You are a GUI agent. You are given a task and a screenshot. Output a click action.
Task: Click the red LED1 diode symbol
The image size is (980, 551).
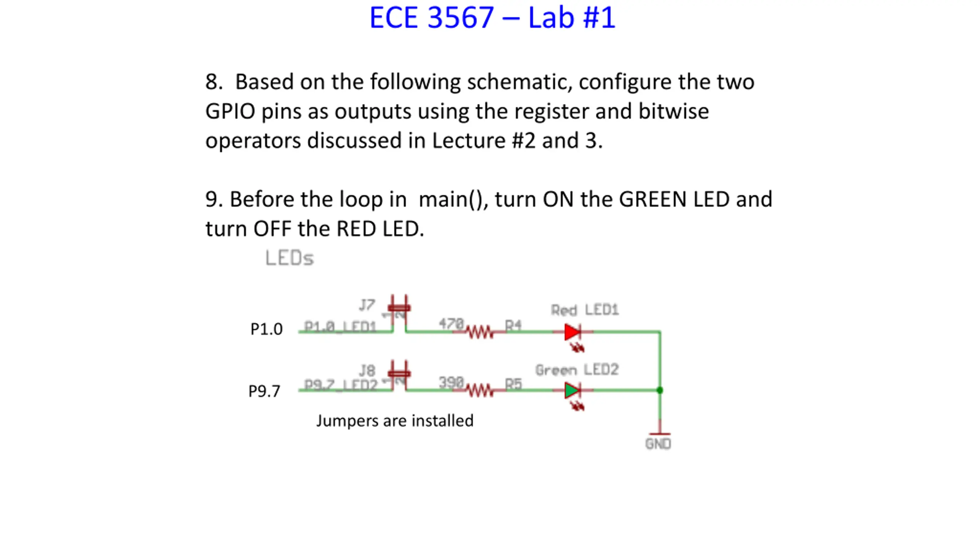pyautogui.click(x=572, y=332)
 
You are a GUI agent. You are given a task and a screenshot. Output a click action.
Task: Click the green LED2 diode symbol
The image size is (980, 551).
pyautogui.click(x=572, y=391)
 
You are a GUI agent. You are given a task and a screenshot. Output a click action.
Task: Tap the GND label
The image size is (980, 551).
pyautogui.click(x=658, y=444)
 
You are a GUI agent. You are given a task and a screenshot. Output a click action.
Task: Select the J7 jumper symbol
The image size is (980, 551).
pyautogui.click(x=399, y=308)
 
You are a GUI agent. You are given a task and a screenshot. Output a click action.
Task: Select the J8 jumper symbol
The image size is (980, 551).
pyautogui.click(x=399, y=374)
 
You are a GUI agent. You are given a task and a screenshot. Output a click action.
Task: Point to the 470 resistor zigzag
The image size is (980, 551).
pyautogui.click(x=479, y=332)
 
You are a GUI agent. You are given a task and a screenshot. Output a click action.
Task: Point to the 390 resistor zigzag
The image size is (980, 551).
pyautogui.click(x=479, y=391)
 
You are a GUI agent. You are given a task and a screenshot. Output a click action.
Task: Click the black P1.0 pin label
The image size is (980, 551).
pyautogui.click(x=266, y=329)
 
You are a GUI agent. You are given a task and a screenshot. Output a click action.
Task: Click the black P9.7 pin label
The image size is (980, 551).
pyautogui.click(x=265, y=391)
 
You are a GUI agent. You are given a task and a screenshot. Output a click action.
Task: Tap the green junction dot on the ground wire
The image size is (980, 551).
pyautogui.click(x=660, y=390)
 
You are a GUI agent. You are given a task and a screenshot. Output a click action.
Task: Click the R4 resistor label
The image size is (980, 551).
pyautogui.click(x=513, y=326)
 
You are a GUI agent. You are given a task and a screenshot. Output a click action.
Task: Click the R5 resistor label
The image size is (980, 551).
pyautogui.click(x=513, y=384)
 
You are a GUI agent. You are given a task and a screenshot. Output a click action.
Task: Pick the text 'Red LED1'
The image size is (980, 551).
pyautogui.click(x=585, y=310)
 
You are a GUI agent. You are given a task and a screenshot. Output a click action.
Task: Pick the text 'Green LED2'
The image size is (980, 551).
pyautogui.click(x=577, y=370)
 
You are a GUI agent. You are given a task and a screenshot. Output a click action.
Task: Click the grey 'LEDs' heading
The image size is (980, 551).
pyautogui.click(x=289, y=258)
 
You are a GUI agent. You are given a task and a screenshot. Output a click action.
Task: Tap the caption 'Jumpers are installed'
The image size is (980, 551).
pyautogui.click(x=395, y=421)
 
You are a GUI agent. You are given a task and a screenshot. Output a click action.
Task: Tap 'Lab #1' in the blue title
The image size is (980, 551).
pyautogui.click(x=572, y=18)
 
